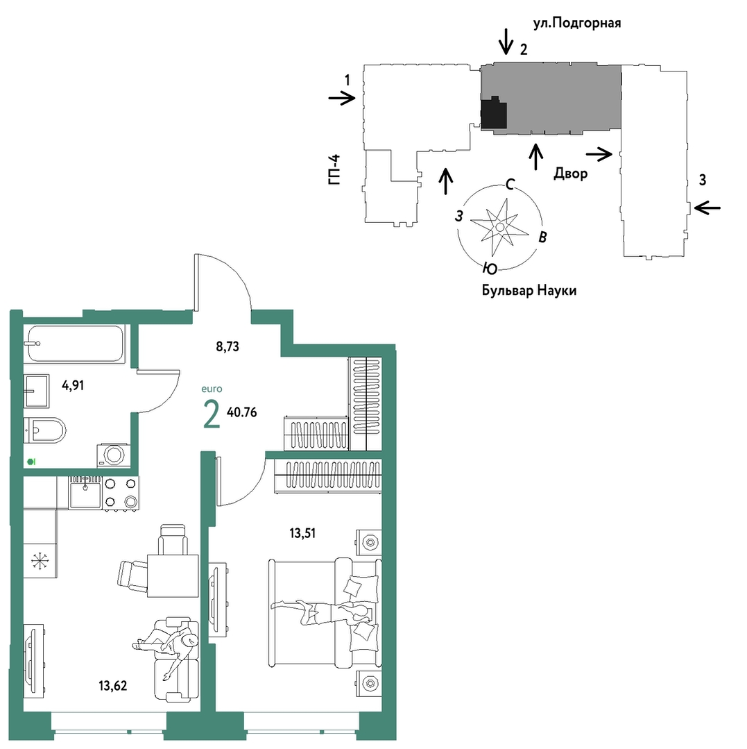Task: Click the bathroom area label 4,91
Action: [x=73, y=385]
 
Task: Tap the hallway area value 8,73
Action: [x=227, y=346]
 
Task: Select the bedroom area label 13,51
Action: [x=302, y=532]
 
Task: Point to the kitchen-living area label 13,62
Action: [x=112, y=685]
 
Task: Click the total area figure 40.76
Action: [x=242, y=412]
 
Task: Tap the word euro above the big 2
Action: [x=212, y=389]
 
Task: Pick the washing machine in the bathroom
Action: [x=113, y=455]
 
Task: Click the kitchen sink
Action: [x=85, y=492]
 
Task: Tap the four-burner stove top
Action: [x=120, y=493]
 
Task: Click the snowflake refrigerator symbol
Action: [x=40, y=561]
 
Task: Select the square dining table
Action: [x=173, y=575]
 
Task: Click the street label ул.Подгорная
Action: [x=577, y=24]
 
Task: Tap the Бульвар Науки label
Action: [x=529, y=290]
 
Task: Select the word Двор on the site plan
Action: [x=570, y=173]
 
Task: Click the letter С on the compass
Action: [x=510, y=184]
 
